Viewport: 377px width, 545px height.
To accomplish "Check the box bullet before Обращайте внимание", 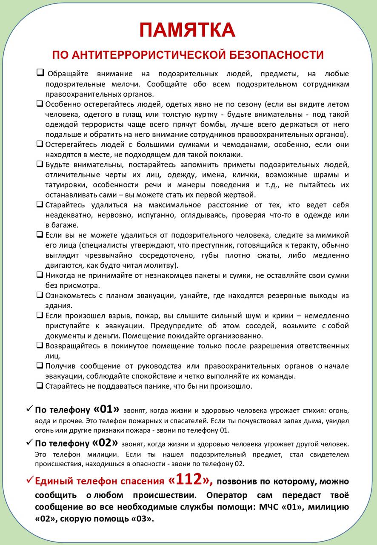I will pos(40,73).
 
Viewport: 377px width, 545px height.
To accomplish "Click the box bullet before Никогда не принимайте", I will pos(40,275).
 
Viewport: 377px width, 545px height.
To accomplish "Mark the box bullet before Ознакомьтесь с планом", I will pos(40,295).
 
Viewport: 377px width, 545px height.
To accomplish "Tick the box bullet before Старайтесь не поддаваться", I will pos(40,386).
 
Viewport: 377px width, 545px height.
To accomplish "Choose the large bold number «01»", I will pos(106,410).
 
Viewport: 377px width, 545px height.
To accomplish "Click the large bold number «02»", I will pos(105,443).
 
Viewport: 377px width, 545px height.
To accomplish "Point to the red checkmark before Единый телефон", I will pos(29,480).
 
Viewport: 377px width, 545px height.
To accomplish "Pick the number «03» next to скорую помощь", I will pos(141,519).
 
